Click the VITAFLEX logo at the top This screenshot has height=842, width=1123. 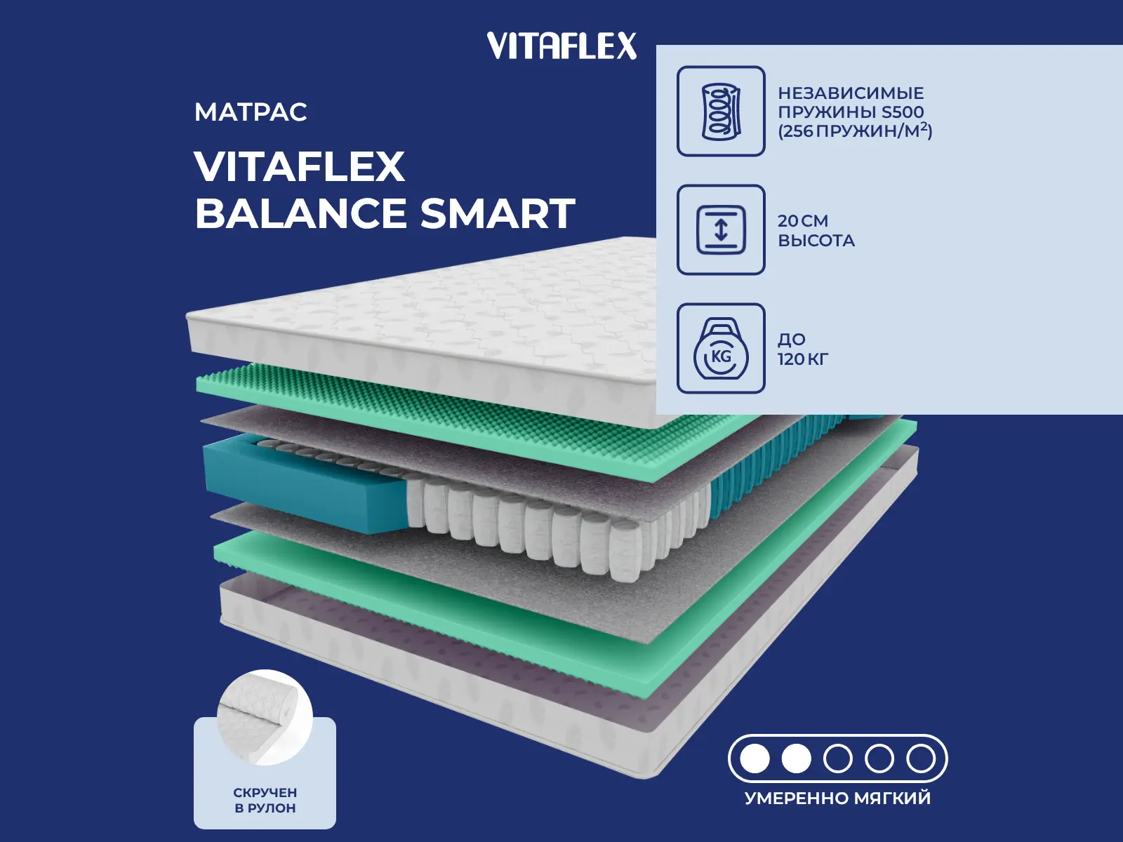click(561, 46)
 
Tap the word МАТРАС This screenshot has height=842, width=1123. click(251, 112)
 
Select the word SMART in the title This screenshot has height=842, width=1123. click(498, 213)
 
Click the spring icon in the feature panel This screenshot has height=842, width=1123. click(721, 111)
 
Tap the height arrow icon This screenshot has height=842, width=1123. click(721, 229)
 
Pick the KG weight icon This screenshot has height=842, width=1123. click(721, 348)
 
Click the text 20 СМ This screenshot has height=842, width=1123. click(803, 221)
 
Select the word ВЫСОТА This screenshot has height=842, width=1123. click(816, 240)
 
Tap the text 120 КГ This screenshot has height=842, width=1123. click(803, 359)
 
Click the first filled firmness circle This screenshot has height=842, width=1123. click(755, 759)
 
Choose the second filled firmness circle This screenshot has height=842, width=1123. click(796, 759)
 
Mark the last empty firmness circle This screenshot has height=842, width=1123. click(921, 759)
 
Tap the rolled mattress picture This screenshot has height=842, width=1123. click(265, 718)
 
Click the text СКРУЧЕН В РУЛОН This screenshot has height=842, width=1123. click(265, 801)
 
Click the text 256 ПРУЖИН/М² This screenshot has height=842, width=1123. click(855, 131)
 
